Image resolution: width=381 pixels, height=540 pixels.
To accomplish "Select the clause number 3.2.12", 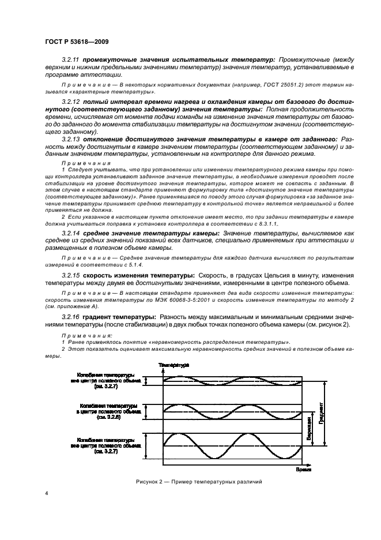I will [71, 101].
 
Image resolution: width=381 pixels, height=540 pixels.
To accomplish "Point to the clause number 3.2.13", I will [71, 139].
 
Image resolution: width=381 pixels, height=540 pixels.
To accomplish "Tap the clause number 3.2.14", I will [71, 232].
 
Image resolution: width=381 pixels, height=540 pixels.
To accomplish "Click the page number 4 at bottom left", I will [47, 494].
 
